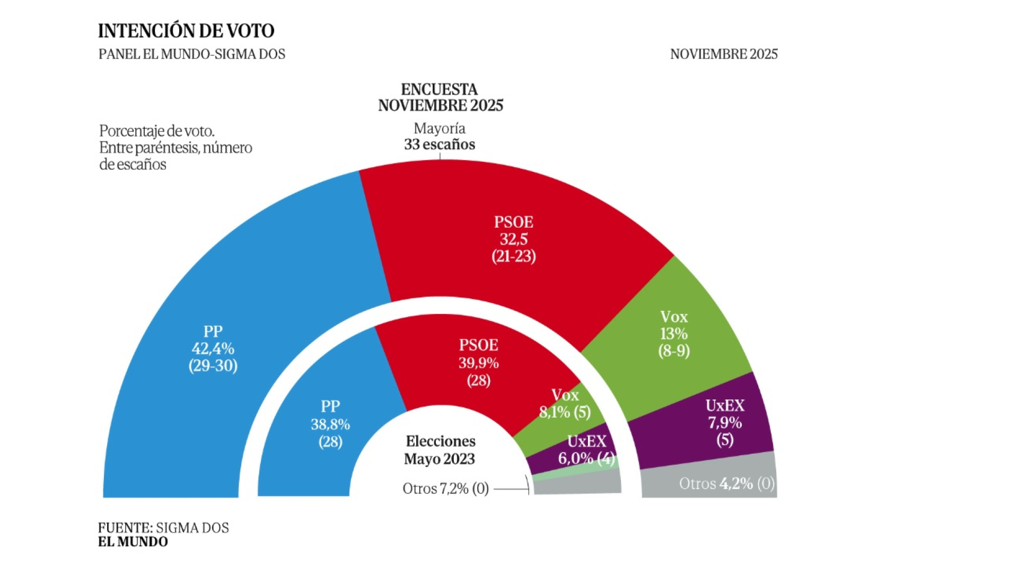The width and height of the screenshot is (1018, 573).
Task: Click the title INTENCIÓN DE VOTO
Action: [x=186, y=31]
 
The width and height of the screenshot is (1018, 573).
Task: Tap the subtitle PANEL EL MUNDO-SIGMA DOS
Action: [x=191, y=54]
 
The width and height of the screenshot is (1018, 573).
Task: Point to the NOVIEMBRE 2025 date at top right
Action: [x=723, y=54]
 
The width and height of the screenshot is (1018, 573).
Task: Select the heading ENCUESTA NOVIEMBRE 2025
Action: [x=440, y=98]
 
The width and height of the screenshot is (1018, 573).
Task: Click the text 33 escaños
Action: [x=440, y=144]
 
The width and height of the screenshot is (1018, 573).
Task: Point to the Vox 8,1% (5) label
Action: [x=565, y=404]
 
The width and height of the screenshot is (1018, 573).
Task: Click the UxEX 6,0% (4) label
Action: [x=586, y=450]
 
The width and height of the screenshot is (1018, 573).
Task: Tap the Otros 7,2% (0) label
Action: [x=445, y=488]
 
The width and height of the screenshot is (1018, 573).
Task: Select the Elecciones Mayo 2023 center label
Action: [x=440, y=450]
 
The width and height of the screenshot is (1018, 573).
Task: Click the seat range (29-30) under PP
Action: [x=213, y=366]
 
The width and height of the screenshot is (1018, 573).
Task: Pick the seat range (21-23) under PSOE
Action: [x=513, y=256]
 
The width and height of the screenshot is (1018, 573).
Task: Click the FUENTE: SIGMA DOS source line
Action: [x=163, y=528]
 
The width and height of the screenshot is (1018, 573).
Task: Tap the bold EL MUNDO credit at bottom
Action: [x=133, y=542]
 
